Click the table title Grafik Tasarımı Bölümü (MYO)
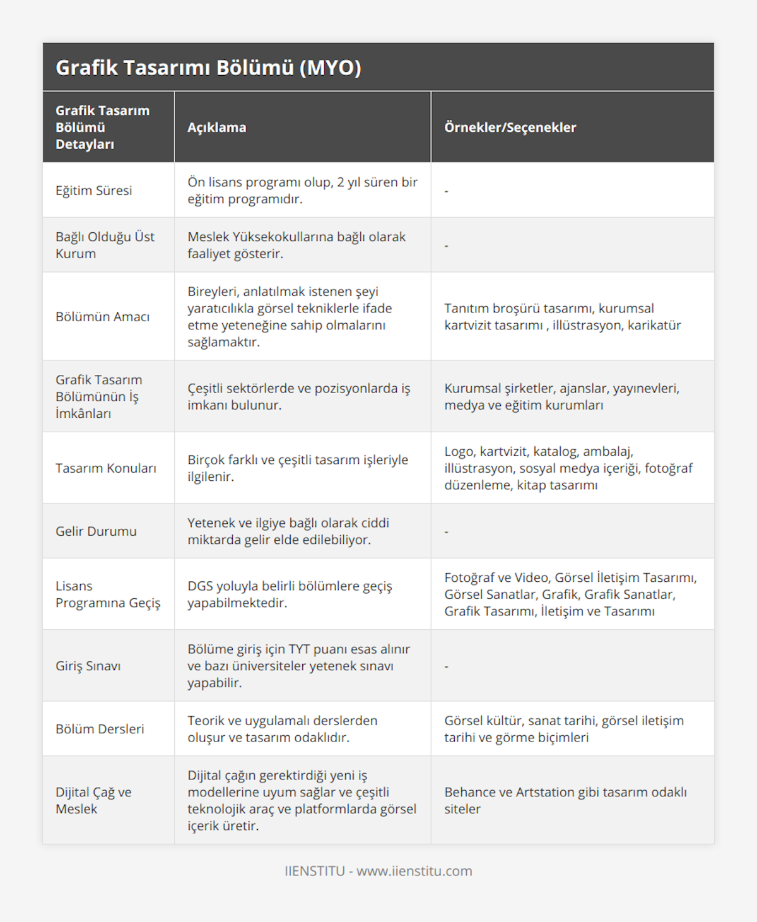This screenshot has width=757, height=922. click(x=208, y=68)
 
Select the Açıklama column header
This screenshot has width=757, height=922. click(x=216, y=127)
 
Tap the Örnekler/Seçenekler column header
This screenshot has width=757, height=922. click(x=510, y=127)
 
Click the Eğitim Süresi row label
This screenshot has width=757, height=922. click(x=94, y=191)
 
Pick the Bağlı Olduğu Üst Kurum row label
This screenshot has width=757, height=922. click(x=105, y=245)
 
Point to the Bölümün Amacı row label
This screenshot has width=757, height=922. click(x=102, y=317)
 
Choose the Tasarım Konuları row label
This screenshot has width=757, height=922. click(x=105, y=468)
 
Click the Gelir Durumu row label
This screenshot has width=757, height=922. click(x=96, y=531)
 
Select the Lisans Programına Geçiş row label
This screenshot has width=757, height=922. click(x=108, y=594)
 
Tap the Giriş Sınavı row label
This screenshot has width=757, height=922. click(x=88, y=666)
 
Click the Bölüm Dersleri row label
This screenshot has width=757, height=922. click(x=100, y=729)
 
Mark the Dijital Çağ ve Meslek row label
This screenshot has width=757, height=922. click(x=93, y=800)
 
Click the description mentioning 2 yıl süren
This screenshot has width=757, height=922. click(x=302, y=191)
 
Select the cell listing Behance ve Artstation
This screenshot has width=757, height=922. click(x=565, y=800)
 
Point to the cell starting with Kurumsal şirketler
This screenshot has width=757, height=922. click(x=561, y=396)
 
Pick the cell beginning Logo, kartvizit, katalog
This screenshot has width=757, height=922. click(x=568, y=468)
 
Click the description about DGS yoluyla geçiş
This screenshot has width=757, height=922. click(x=290, y=594)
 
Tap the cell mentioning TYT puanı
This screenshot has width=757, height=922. click(x=298, y=666)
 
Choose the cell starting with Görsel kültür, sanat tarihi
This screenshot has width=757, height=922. click(x=563, y=729)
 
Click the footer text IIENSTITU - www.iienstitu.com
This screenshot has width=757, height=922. click(x=378, y=871)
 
